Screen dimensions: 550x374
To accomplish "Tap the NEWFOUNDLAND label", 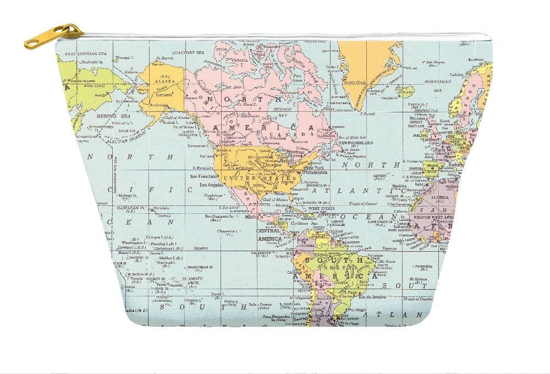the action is click(x=356, y=142).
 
